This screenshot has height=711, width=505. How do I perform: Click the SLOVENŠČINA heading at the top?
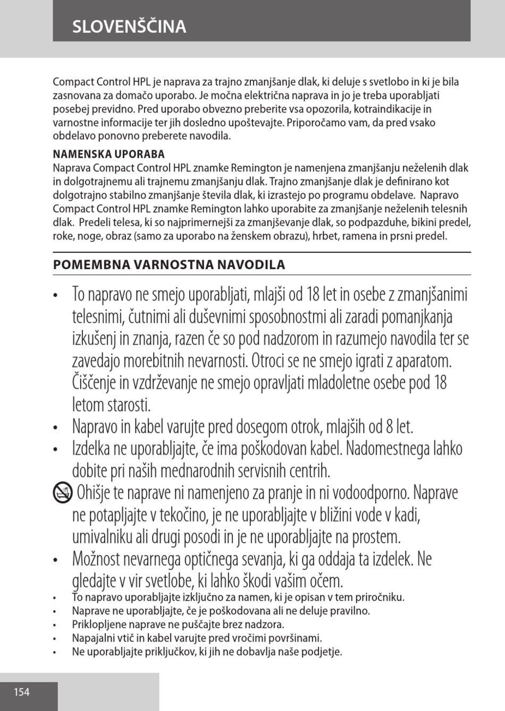click(129, 27)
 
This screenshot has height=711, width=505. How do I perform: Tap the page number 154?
click(22, 692)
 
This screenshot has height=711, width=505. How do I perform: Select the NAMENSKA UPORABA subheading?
click(108, 155)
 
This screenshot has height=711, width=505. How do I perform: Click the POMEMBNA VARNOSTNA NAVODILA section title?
click(169, 264)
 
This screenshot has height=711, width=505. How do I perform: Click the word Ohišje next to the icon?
click(94, 493)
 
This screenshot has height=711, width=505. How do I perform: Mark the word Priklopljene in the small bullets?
click(97, 624)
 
